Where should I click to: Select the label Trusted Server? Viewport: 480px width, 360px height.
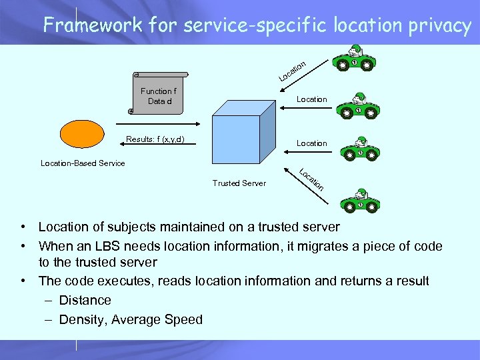(239, 183)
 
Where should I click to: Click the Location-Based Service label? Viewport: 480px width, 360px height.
(83, 163)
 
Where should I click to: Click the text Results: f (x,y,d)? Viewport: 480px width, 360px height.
(155, 140)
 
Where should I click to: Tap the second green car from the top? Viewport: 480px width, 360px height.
(357, 103)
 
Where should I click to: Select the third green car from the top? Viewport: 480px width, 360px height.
(359, 149)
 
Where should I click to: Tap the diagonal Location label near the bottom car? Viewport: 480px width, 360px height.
(311, 179)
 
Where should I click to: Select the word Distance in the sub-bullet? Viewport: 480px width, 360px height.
(85, 301)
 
